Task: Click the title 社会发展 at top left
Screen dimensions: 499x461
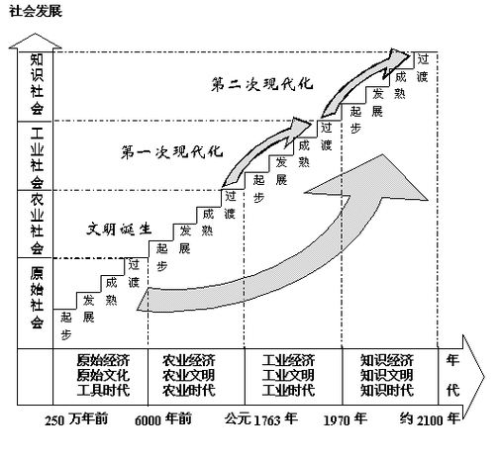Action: (36, 12)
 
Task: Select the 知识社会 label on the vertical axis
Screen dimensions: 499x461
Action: (37, 84)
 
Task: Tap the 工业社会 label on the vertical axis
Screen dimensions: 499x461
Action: (37, 157)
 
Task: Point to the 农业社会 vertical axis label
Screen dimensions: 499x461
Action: (37, 225)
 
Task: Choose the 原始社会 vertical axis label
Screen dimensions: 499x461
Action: (37, 298)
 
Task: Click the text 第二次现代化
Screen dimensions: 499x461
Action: (262, 84)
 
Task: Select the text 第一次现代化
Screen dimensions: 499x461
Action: (172, 152)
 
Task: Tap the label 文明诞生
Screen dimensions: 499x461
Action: (119, 229)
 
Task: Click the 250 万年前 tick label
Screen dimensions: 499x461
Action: (76, 419)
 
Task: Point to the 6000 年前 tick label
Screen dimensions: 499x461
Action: (163, 419)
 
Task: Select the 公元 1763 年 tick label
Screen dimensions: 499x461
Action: (261, 419)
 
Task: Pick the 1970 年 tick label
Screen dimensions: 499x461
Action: (346, 419)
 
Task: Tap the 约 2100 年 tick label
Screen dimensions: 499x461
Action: (430, 419)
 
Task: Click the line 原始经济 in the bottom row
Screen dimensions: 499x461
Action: (103, 360)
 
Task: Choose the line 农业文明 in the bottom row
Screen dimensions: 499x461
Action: (189, 375)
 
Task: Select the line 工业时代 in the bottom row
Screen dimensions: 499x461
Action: (289, 391)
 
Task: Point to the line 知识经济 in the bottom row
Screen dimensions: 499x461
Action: (387, 360)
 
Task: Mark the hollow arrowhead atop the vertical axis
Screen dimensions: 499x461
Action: (35, 42)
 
